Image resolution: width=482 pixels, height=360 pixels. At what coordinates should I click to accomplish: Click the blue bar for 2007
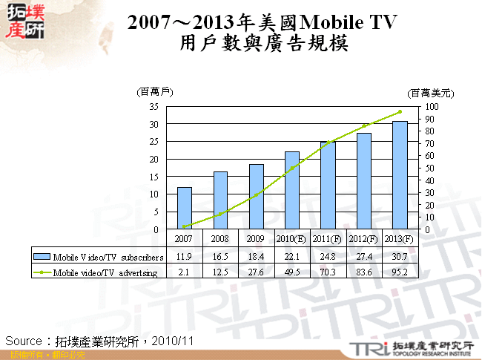184,209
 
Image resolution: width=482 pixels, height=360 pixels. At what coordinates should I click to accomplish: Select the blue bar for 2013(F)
400,175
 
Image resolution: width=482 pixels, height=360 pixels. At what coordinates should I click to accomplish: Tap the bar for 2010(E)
292,191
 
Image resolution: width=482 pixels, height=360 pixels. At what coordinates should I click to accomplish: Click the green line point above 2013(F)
400,112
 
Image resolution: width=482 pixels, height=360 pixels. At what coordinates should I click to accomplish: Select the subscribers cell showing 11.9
184,256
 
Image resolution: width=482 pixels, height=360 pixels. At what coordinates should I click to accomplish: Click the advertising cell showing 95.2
400,272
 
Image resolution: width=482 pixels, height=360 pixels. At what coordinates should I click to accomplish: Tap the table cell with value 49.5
292,272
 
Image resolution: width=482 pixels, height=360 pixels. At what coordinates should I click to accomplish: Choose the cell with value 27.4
364,256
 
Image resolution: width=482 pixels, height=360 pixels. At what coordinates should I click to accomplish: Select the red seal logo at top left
25,20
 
